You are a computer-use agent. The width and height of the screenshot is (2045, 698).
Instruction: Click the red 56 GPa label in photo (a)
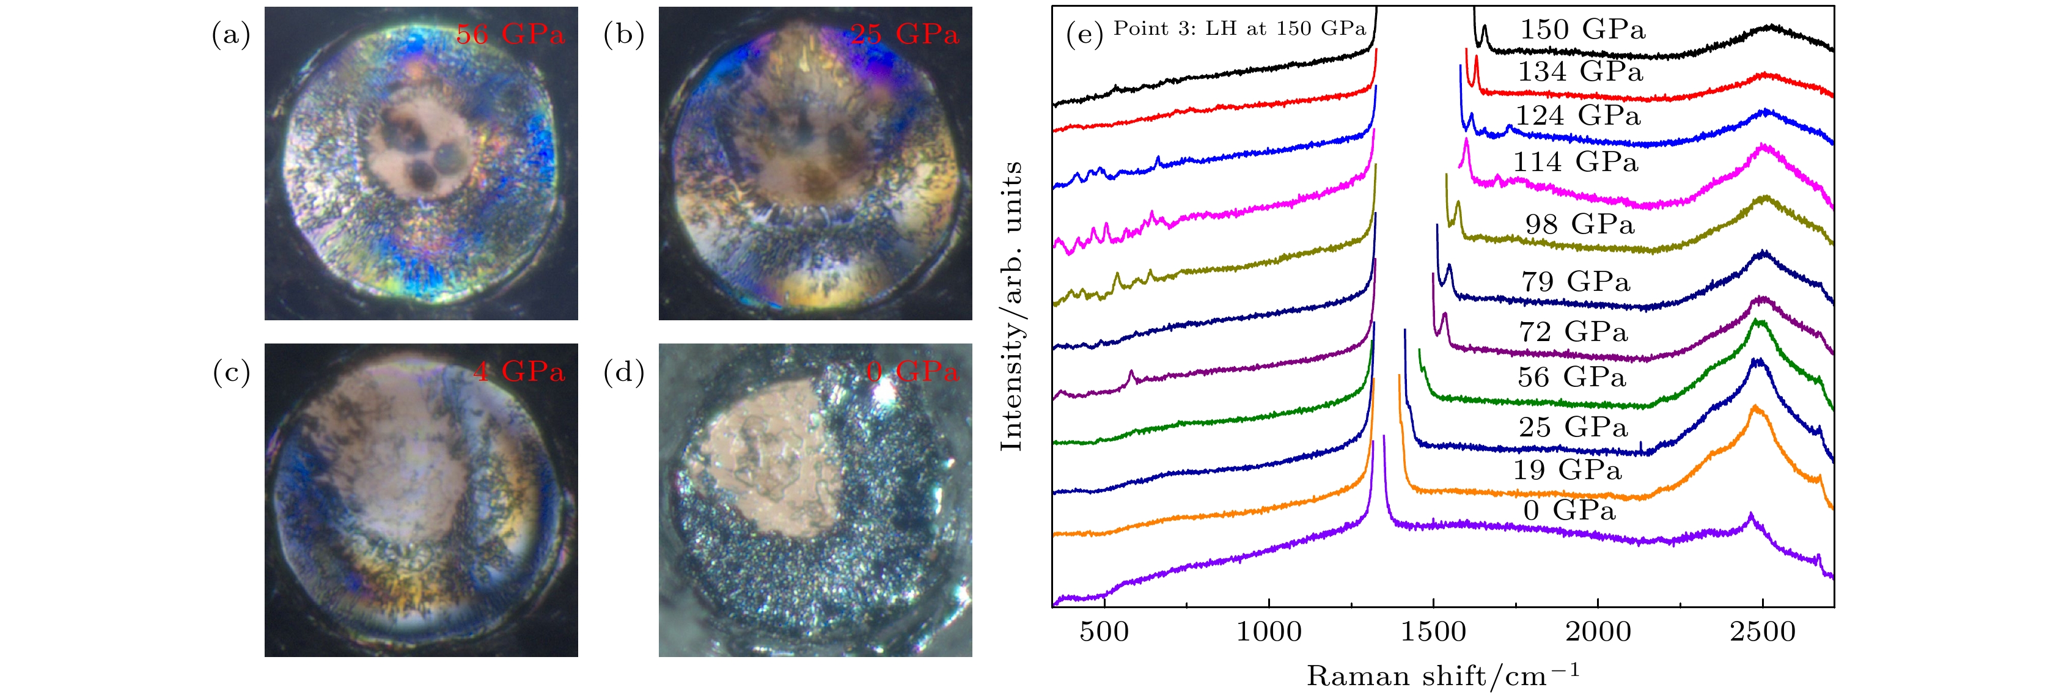[510, 34]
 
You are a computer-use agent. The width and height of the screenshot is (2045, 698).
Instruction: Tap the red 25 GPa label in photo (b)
[904, 34]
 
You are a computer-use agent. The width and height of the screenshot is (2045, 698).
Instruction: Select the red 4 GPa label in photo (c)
[519, 371]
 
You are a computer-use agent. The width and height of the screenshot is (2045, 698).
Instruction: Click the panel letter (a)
[231, 34]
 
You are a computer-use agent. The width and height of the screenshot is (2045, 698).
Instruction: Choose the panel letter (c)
[231, 372]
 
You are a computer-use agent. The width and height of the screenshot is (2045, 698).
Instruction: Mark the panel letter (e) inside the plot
[1084, 34]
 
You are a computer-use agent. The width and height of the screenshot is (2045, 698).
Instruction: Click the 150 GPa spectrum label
[1583, 29]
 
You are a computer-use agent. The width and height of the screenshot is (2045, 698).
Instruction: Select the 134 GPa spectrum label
[1581, 72]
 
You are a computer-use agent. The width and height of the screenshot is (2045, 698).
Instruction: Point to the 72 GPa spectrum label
[1573, 331]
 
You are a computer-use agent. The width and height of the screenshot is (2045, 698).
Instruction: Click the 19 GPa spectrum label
[1567, 469]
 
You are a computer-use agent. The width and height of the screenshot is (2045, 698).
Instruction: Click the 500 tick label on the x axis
[1104, 632]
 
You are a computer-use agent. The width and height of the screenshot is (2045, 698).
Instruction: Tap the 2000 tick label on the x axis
[1598, 632]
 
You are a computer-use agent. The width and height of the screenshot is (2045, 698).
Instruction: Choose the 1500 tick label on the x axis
[1434, 632]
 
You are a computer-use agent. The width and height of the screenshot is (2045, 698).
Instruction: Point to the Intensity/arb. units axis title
[1011, 306]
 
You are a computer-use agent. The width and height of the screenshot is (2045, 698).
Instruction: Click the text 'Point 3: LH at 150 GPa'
[1239, 29]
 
